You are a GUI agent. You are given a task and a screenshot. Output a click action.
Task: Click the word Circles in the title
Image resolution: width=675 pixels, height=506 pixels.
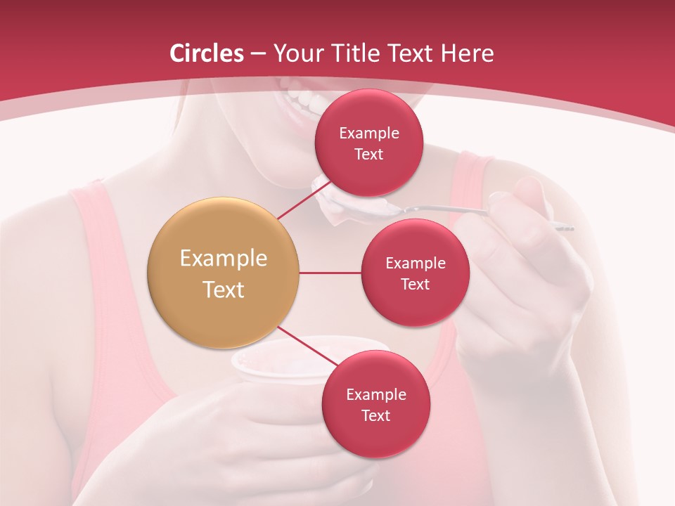click(x=207, y=53)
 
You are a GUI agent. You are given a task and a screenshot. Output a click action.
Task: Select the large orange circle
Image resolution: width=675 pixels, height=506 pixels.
click(x=223, y=273)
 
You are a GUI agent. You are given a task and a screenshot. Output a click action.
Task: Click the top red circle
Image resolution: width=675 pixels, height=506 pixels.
click(x=368, y=143)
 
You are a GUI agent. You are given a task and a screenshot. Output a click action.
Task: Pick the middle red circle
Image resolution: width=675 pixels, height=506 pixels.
click(x=415, y=273)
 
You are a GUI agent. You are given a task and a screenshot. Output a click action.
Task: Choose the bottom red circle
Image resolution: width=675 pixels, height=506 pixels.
click(x=375, y=404)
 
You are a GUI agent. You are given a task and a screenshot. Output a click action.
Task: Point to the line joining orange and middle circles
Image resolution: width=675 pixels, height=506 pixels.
click(x=330, y=273)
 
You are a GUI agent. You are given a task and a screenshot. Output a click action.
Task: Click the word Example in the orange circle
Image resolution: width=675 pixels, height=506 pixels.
click(x=223, y=259)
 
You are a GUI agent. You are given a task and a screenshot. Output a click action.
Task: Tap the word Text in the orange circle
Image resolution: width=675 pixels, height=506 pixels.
click(x=223, y=290)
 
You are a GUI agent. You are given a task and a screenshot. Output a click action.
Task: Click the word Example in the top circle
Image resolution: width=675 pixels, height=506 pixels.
click(x=368, y=133)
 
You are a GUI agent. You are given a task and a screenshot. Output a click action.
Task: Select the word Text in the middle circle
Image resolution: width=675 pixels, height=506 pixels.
click(x=415, y=284)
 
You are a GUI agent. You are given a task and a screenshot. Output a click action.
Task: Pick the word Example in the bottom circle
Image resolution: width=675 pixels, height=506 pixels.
click(x=375, y=394)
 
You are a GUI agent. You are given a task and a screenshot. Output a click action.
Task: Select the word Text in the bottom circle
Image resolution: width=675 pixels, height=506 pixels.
click(x=375, y=415)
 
